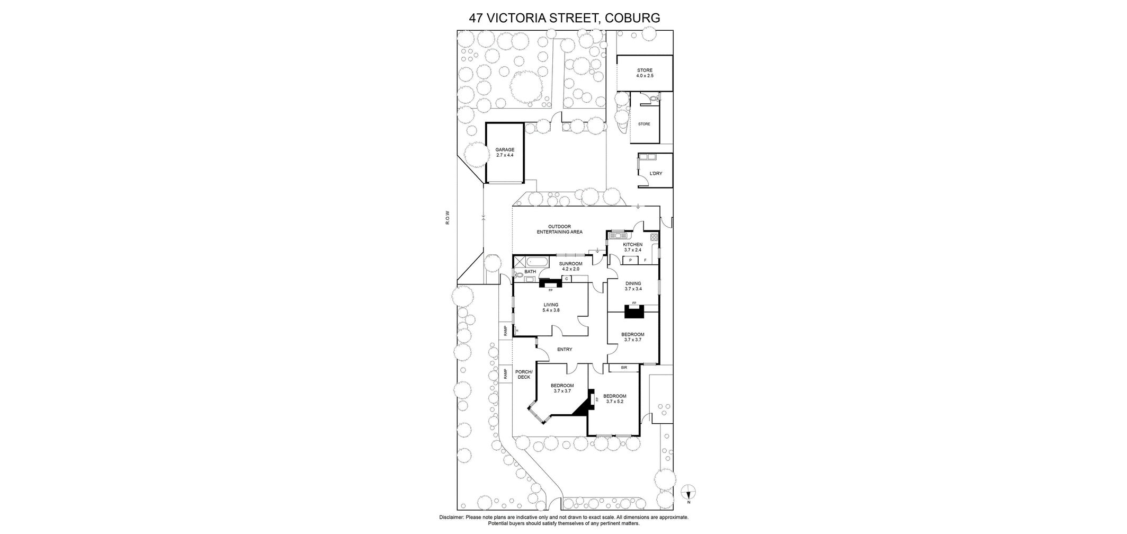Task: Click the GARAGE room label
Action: [x=505, y=150]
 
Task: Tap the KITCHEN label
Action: [x=633, y=245]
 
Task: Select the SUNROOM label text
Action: [x=571, y=264]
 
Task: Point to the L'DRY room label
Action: [x=656, y=173]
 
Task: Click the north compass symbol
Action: [x=688, y=493]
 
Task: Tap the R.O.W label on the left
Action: [x=448, y=218]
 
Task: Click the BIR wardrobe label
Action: [x=624, y=367]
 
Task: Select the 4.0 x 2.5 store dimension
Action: [x=645, y=76]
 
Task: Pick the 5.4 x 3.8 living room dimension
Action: [x=551, y=310]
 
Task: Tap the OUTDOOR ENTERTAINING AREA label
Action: [x=560, y=229]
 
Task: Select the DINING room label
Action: [x=633, y=283]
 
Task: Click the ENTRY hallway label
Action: [x=565, y=349]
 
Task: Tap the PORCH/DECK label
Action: [x=524, y=374]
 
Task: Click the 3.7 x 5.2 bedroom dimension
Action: [x=614, y=402]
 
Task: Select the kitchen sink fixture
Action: [x=618, y=235]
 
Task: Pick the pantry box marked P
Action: [x=630, y=260]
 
